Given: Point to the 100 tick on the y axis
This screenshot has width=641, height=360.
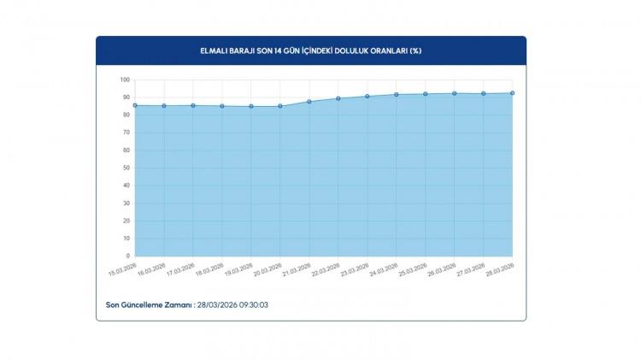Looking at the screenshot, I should point(124,80).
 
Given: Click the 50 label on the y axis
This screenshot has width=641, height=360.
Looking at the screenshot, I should point(126,168).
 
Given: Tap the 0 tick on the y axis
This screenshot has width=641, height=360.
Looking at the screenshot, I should point(127,256).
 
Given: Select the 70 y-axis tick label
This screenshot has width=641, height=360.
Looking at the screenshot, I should point(126,133).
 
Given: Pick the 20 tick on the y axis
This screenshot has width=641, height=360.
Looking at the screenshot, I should point(126,221).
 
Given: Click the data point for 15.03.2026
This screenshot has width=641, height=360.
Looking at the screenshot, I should point(135,105).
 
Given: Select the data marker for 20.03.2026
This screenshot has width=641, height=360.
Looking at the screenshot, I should point(280,106).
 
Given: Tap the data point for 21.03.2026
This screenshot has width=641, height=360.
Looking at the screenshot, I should point(309,102).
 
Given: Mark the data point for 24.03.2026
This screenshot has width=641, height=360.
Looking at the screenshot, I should point(397,95).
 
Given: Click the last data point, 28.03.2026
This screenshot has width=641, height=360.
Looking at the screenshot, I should point(512,93).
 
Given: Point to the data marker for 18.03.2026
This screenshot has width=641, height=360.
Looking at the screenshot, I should point(222,106).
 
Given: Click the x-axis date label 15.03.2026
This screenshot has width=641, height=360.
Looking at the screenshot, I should point(124,269).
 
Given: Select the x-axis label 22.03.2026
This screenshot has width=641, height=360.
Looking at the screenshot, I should point(326,269).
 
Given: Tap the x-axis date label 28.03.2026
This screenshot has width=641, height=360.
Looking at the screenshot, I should point(501,269).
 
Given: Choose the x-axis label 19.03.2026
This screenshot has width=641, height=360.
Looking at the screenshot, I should point(239,269).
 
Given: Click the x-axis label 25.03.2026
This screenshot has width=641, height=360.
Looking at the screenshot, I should point(414,269).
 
